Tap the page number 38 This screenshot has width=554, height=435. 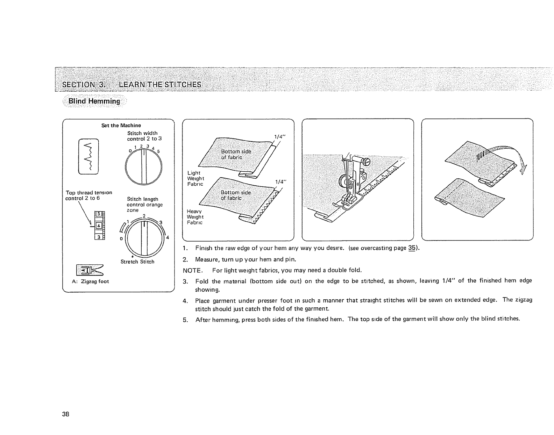(x=66, y=414)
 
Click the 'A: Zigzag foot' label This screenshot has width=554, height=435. (x=90, y=281)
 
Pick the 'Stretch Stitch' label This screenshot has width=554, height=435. (x=137, y=262)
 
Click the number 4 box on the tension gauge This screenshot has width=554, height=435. (x=99, y=226)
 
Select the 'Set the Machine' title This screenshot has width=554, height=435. (x=116, y=125)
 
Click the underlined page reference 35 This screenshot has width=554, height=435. (x=412, y=249)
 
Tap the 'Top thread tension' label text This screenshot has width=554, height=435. (x=89, y=193)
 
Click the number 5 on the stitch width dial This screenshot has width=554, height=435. (x=158, y=151)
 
